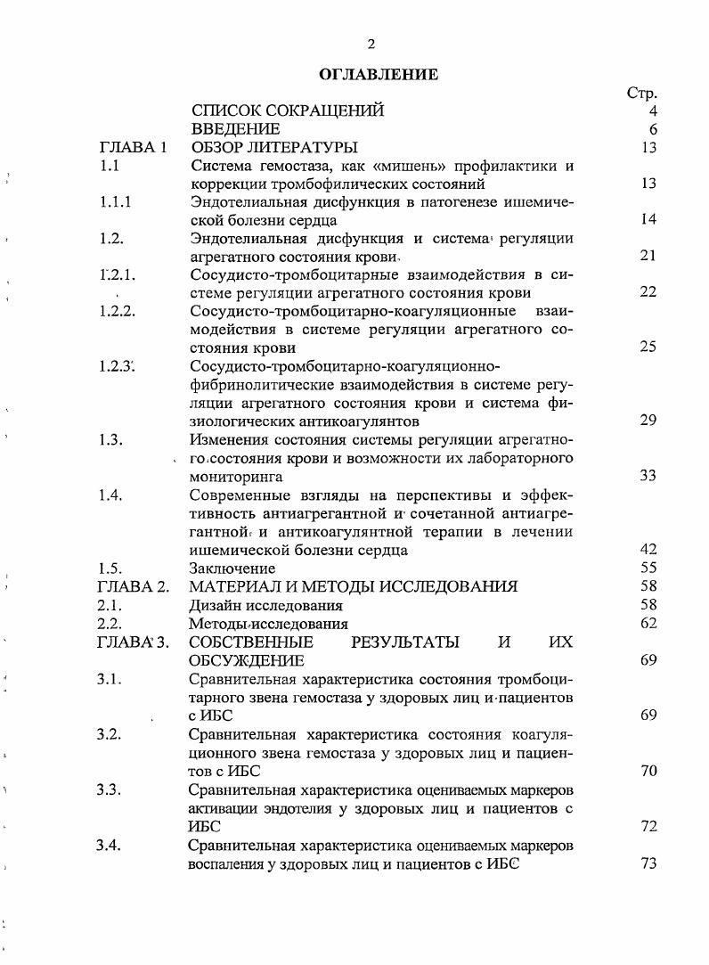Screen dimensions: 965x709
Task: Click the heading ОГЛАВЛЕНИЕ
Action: coord(378,75)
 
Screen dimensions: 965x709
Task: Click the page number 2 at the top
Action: coord(371,45)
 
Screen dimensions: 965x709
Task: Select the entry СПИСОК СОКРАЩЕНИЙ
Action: coord(288,111)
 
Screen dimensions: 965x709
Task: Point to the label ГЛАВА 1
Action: coord(134,147)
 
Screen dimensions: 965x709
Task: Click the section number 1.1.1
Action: coord(115,201)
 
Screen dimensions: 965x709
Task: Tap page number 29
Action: coord(648,421)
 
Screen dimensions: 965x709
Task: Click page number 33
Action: coord(648,476)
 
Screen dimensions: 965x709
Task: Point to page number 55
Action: coord(648,568)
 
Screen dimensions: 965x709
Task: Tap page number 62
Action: coord(648,623)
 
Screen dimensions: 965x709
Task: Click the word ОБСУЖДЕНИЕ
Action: coord(247,660)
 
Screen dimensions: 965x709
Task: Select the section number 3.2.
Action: coord(108,734)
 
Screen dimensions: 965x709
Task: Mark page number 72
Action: coord(648,826)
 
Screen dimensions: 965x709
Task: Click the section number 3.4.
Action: coord(108,845)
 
